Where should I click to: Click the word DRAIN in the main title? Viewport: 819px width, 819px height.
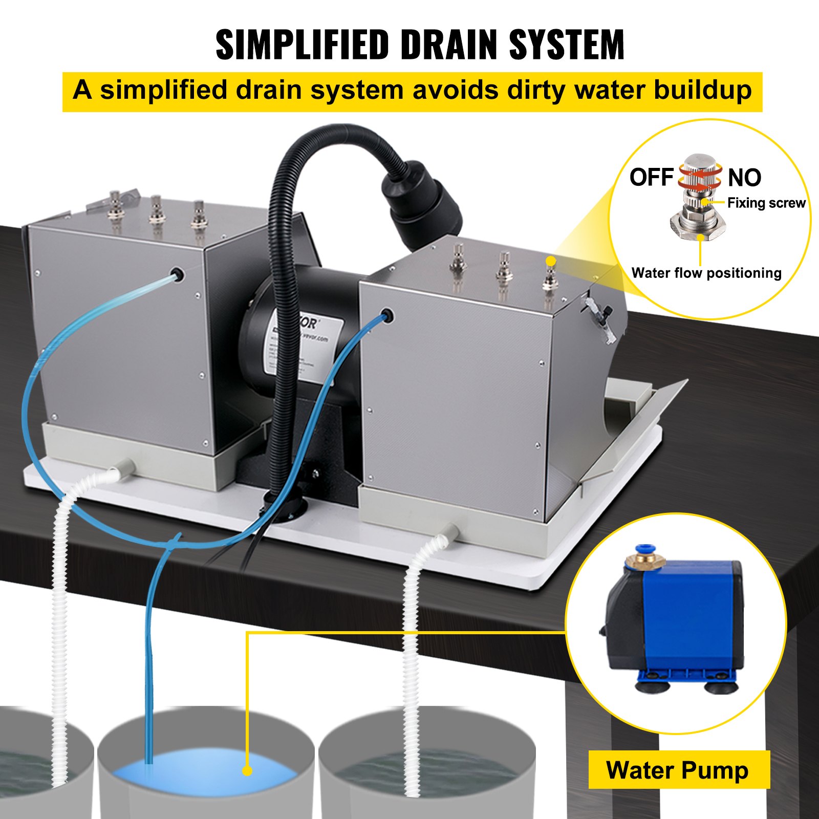pyautogui.click(x=450, y=45)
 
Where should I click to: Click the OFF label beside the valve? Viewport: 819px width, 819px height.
pyautogui.click(x=651, y=178)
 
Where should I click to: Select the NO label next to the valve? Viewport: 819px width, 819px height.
pyautogui.click(x=744, y=178)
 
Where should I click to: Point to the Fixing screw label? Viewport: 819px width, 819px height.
pyautogui.click(x=766, y=203)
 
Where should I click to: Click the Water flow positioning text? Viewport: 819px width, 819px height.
pyautogui.click(x=706, y=273)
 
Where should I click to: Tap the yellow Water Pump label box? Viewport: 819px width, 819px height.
pyautogui.click(x=678, y=770)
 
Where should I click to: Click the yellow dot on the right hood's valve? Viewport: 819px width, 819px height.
pyautogui.click(x=550, y=261)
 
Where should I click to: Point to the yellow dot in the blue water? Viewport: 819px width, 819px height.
pyautogui.click(x=247, y=771)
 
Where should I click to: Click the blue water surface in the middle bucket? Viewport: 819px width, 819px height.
pyautogui.click(x=205, y=773)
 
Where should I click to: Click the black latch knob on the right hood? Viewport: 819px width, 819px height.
pyautogui.click(x=608, y=311)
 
